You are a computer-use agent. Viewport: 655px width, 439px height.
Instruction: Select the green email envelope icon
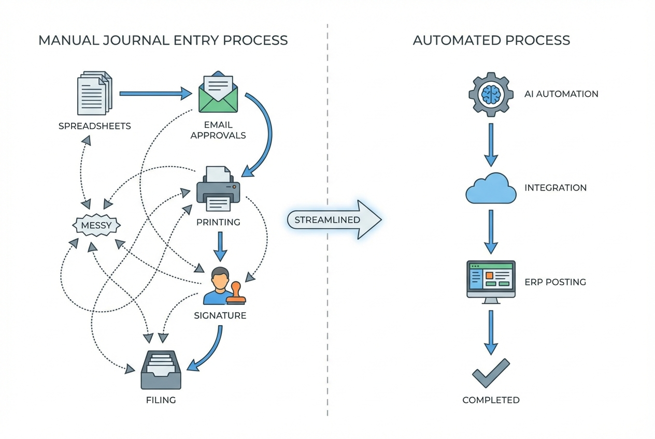[x=218, y=93]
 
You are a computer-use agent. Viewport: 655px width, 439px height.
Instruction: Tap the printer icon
[x=219, y=189]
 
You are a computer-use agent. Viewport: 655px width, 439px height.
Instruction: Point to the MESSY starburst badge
[x=97, y=226]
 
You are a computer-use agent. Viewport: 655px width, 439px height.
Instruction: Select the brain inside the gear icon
[x=490, y=94]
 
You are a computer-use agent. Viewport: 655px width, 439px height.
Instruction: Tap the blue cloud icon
[x=491, y=188]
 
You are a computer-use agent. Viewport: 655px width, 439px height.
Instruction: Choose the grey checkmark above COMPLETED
[x=491, y=373]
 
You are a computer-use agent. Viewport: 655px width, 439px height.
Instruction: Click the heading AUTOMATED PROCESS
[x=491, y=40]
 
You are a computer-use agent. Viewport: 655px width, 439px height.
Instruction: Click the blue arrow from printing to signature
[x=220, y=246]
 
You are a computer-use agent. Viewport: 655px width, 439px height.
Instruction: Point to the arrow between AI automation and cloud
[x=491, y=144]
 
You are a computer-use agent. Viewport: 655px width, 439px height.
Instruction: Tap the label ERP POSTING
[x=555, y=282]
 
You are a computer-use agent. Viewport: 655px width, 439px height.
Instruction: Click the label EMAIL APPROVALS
[x=218, y=130]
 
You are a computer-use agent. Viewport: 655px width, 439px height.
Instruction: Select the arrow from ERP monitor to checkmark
[x=491, y=332]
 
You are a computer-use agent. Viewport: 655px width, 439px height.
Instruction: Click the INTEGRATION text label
[x=556, y=188]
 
